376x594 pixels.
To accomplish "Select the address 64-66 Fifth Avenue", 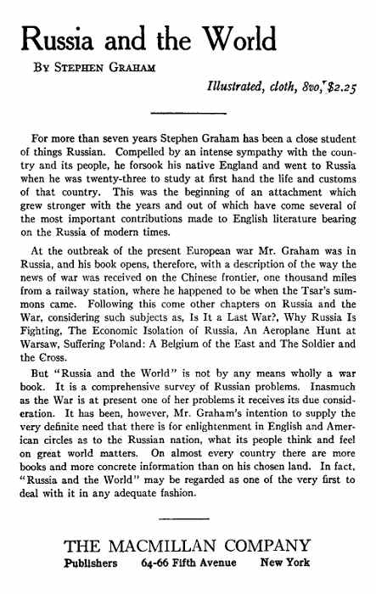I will point(195,563).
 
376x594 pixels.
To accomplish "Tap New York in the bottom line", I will point(285,563).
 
